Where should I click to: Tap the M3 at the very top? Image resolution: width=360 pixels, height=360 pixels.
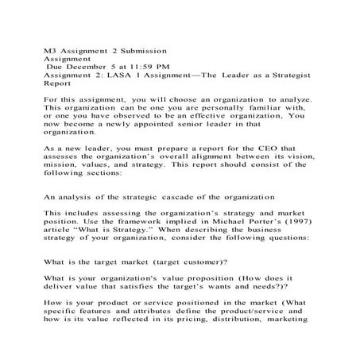[50, 50]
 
